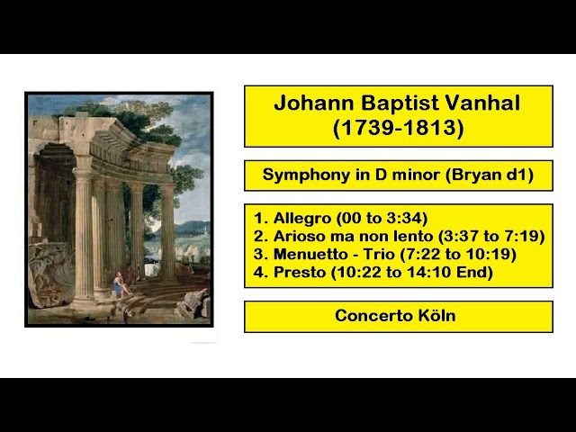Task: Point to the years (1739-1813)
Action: tap(399, 130)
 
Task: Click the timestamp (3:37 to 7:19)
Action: tap(491, 236)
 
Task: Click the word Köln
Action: tap(436, 316)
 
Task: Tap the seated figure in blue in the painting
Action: tap(118, 286)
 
